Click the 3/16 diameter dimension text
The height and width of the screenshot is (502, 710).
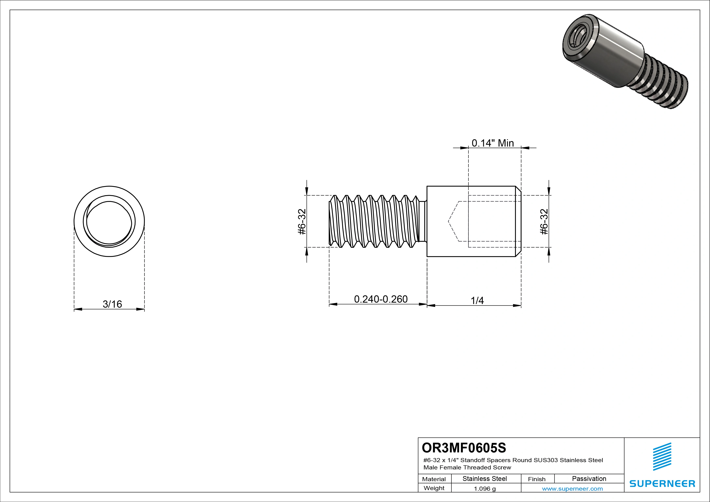112,304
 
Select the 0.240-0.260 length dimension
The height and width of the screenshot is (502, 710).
381,299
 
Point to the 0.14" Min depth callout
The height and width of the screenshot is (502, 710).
493,143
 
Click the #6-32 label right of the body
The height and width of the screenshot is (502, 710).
544,222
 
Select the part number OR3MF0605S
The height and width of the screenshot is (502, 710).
464,447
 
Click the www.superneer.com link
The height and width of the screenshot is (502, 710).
572,489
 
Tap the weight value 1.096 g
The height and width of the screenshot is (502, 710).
484,489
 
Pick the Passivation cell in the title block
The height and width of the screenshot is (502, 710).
589,479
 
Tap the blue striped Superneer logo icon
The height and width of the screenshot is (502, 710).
662,457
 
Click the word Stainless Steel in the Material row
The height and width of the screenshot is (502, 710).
484,479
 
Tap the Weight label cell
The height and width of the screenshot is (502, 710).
434,488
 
